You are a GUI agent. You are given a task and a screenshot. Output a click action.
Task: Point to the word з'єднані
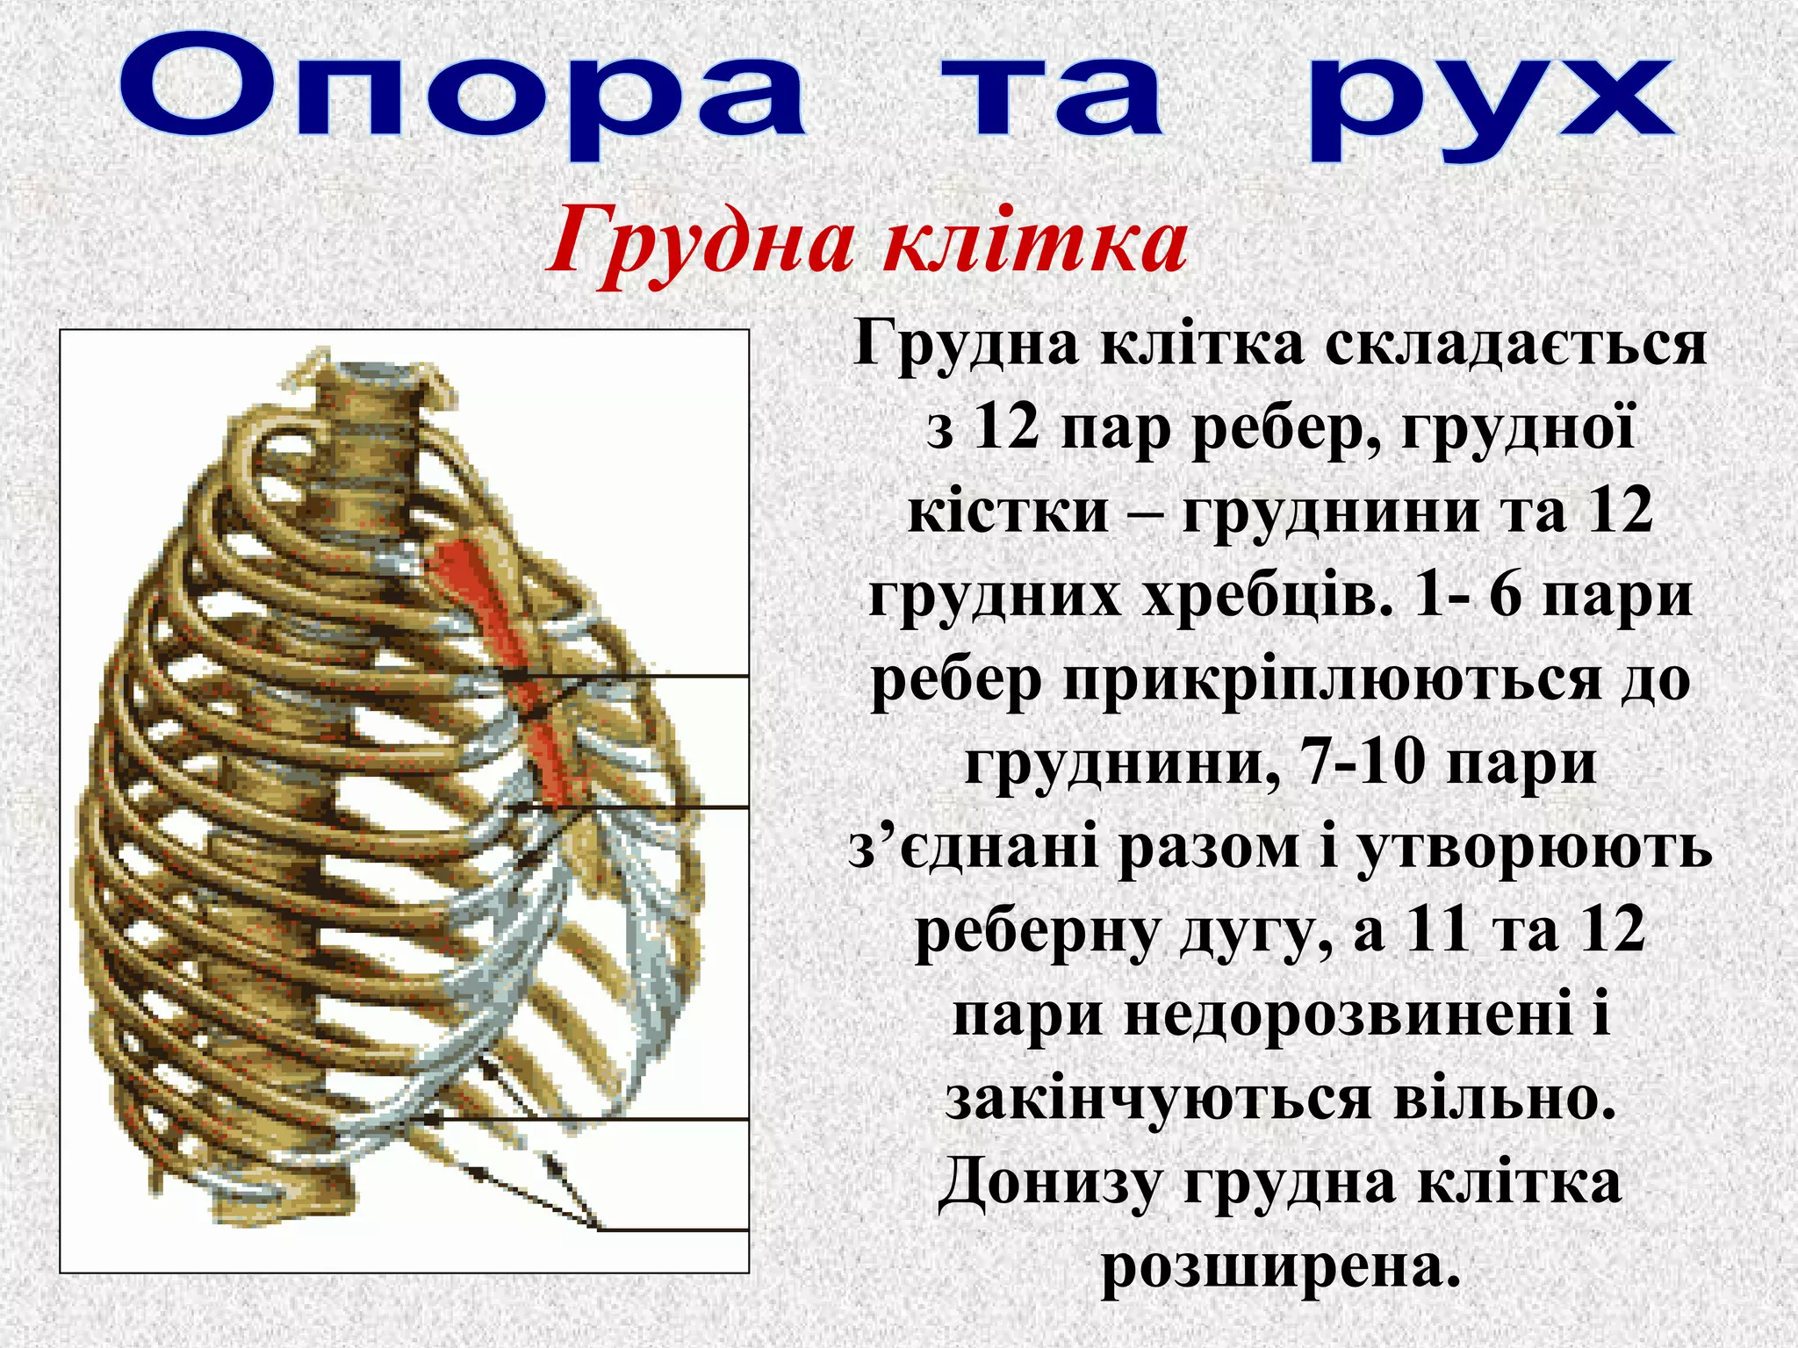point(975,849)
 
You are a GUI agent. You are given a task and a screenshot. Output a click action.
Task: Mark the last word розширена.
point(1281,1266)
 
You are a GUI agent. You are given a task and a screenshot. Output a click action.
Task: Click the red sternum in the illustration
point(505,649)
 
